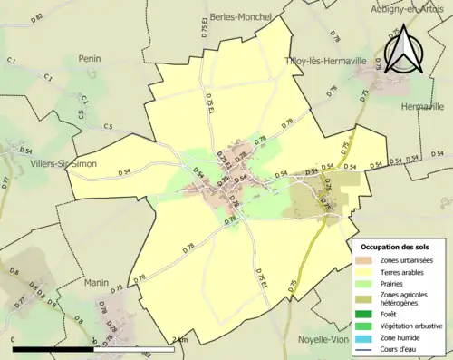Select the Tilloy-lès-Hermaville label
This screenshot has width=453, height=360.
click(325, 61)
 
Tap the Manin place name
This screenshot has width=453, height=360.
click(96, 283)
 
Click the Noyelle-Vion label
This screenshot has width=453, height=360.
click(323, 340)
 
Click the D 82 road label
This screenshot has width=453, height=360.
click(36, 17)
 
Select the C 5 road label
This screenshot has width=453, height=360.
click(109, 126)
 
